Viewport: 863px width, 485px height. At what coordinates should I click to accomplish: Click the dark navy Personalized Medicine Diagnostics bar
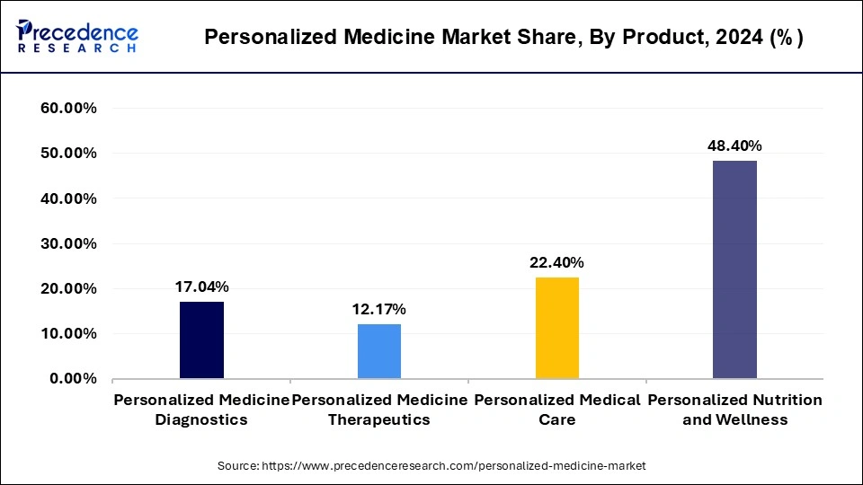[201, 339]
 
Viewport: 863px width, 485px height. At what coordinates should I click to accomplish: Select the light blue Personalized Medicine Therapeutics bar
[379, 351]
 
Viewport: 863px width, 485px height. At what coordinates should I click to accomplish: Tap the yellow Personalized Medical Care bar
[557, 328]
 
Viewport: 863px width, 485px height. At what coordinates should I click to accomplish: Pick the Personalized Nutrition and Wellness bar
[734, 269]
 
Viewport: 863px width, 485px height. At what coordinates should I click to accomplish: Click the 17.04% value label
[201, 287]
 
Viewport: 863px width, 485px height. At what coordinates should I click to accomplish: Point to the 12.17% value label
[379, 310]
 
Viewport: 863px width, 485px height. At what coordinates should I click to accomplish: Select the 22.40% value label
[557, 263]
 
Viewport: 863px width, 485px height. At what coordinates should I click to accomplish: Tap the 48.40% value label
[734, 145]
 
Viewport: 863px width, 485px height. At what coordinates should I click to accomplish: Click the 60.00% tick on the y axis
[69, 109]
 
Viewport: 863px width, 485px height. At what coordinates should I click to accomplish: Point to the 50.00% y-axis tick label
[69, 154]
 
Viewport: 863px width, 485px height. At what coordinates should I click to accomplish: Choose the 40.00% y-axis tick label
[69, 198]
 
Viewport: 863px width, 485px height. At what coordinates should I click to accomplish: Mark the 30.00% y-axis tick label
[69, 243]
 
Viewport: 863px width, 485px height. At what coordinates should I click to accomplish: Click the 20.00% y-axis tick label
[69, 288]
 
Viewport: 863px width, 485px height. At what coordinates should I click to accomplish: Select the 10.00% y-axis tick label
[69, 333]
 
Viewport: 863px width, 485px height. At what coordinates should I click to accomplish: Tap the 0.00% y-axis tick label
[73, 379]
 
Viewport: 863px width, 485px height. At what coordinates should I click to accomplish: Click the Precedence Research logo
[77, 37]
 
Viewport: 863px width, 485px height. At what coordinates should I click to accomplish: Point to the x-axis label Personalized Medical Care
[557, 409]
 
